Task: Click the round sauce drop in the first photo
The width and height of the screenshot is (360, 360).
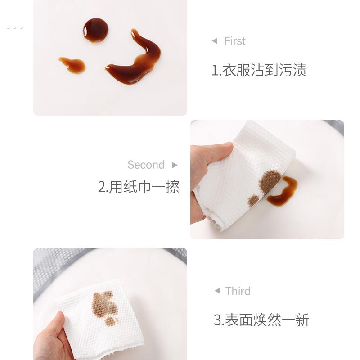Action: [95, 30]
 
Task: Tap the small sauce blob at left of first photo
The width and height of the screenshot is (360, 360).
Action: [73, 65]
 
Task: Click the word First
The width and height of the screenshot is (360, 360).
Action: [235, 41]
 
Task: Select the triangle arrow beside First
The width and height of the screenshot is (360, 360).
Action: [215, 41]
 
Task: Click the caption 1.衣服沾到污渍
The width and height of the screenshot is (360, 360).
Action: [259, 70]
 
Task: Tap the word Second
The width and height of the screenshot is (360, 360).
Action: [146, 165]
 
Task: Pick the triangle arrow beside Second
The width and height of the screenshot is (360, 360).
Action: [175, 165]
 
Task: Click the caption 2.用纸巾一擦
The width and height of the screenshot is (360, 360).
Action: [139, 187]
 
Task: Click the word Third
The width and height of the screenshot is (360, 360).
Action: [238, 291]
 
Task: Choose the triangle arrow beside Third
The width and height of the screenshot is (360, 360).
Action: [217, 291]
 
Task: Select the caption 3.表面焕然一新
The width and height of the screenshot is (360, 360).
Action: [261, 320]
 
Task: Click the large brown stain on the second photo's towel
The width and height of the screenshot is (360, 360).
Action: [269, 181]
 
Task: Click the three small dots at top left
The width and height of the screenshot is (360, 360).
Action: [14, 27]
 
